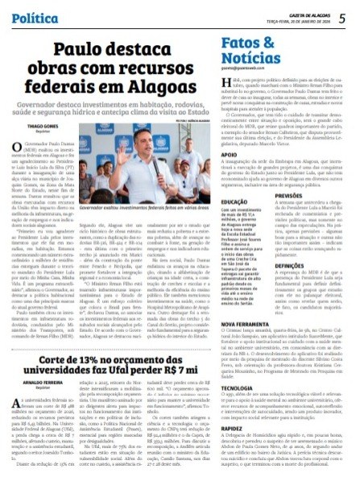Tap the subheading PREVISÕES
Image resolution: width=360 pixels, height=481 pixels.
[292, 194]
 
